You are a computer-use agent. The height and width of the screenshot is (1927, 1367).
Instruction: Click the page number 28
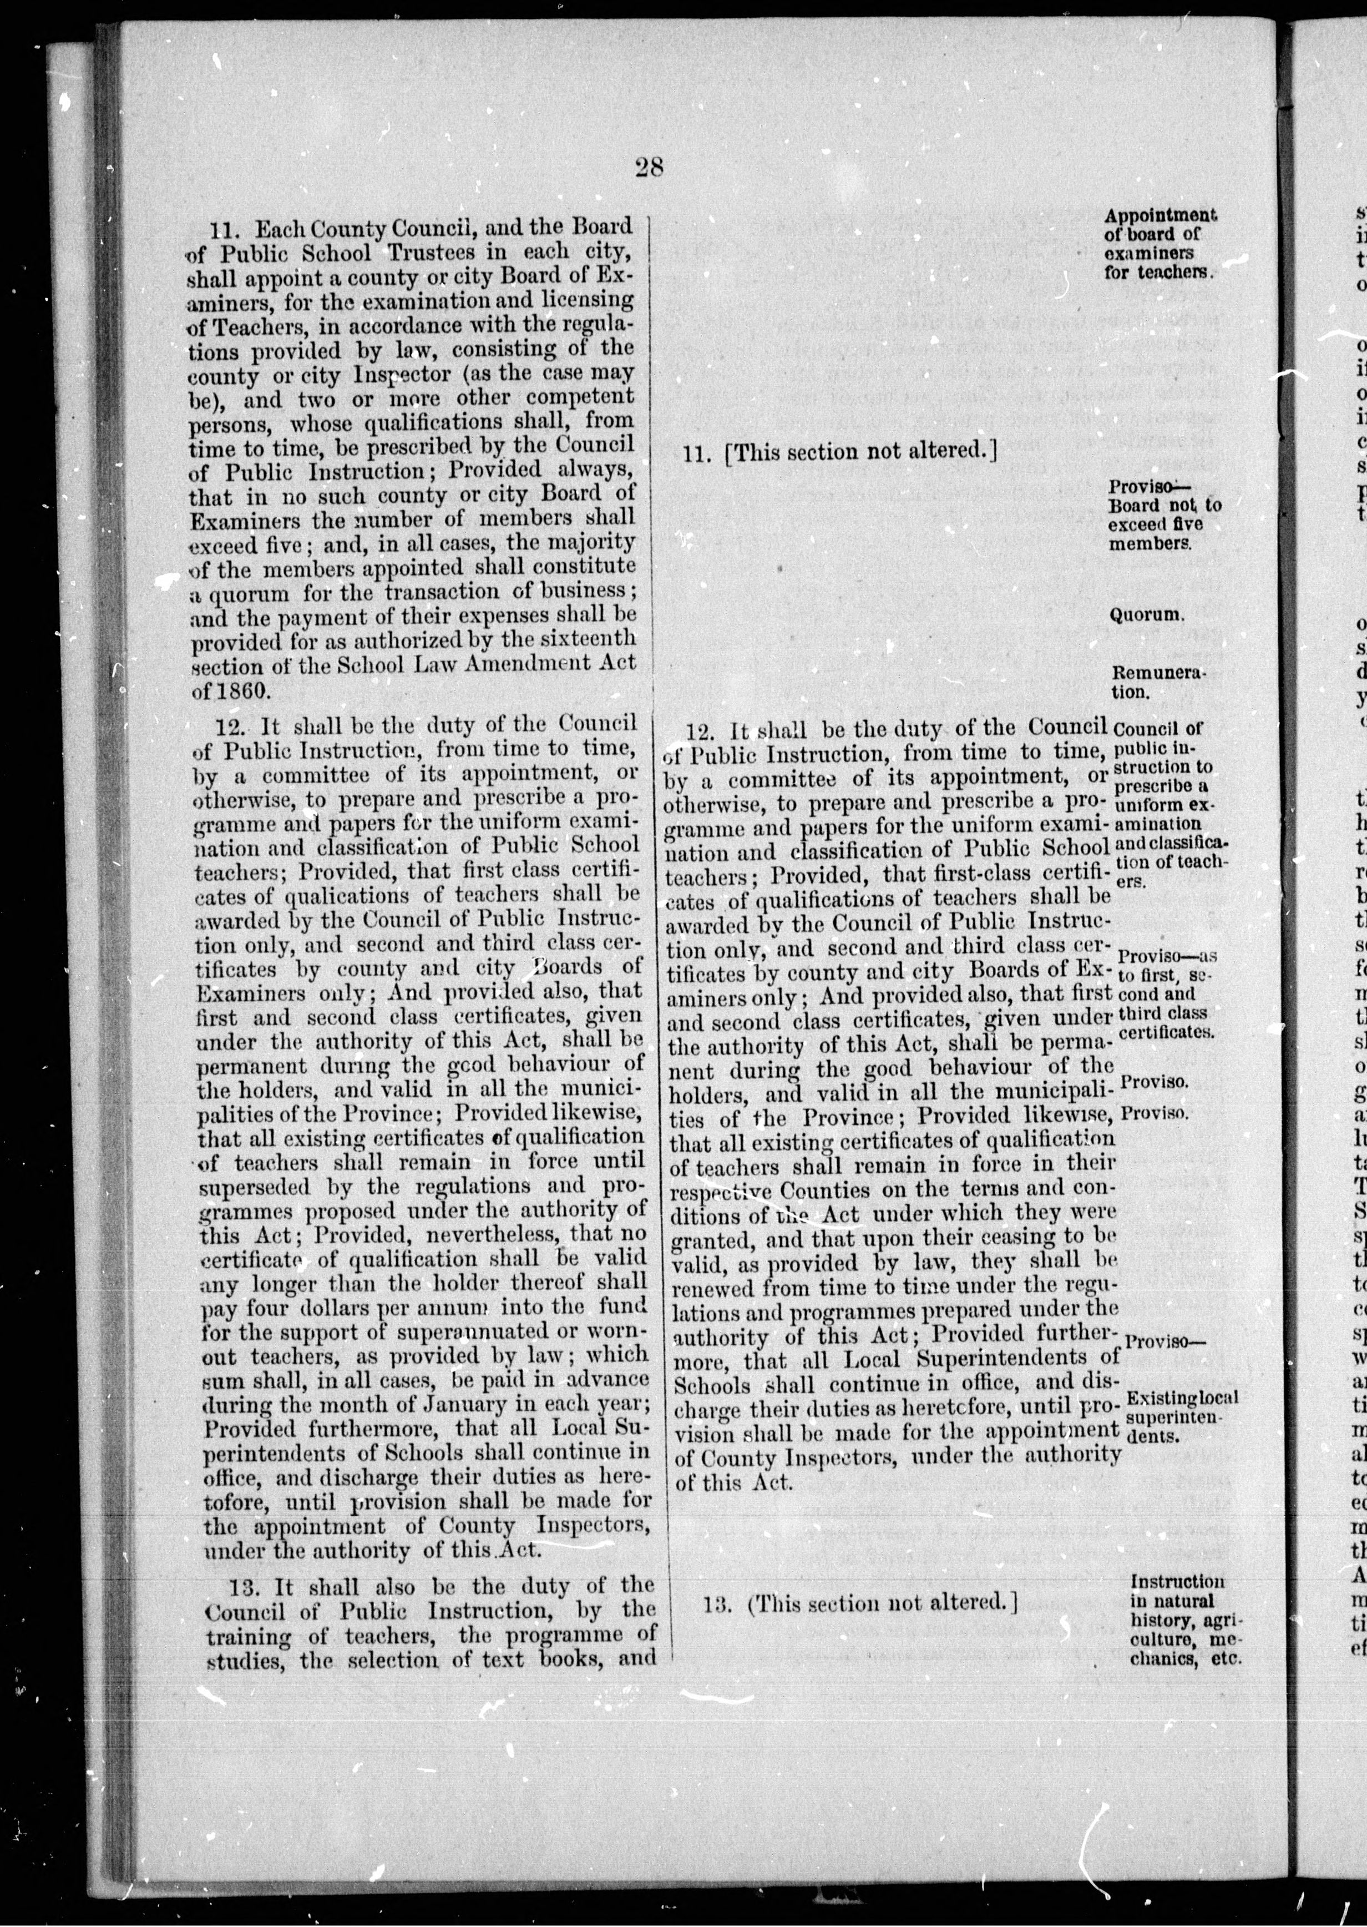tap(650, 168)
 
